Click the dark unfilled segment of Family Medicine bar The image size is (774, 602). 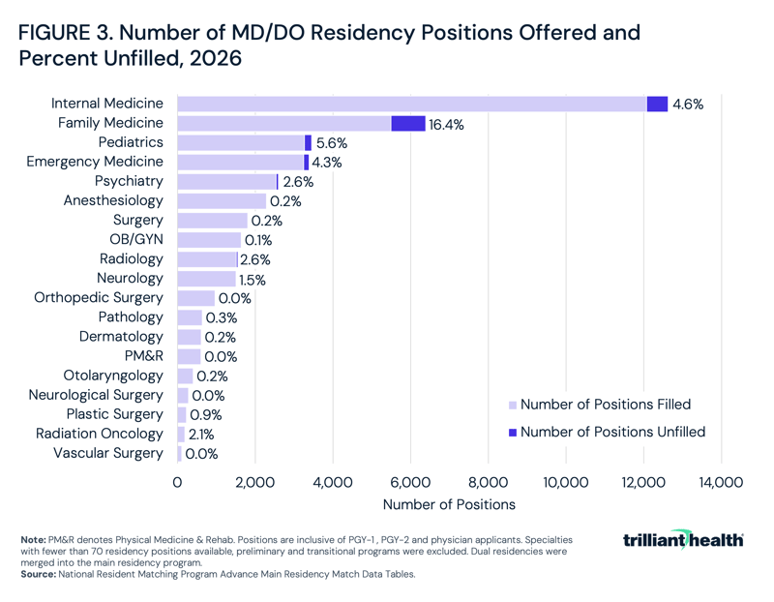[x=407, y=123]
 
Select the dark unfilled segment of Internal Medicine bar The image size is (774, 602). [x=657, y=104]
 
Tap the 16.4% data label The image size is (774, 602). [x=447, y=124]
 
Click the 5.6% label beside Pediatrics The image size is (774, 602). [x=331, y=143]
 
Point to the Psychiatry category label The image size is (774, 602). [x=129, y=181]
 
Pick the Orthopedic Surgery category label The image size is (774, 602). [x=99, y=298]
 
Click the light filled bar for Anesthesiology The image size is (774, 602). [x=222, y=201]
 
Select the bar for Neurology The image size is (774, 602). [x=206, y=279]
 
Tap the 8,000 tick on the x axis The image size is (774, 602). [x=488, y=481]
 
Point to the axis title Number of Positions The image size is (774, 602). [x=449, y=504]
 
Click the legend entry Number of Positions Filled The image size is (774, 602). [x=605, y=405]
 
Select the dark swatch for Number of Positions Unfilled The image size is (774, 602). [x=513, y=432]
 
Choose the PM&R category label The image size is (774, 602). [x=141, y=356]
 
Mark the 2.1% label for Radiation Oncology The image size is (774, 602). [x=201, y=435]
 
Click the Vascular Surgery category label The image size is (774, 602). [x=108, y=453]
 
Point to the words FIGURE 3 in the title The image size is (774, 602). [x=67, y=31]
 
